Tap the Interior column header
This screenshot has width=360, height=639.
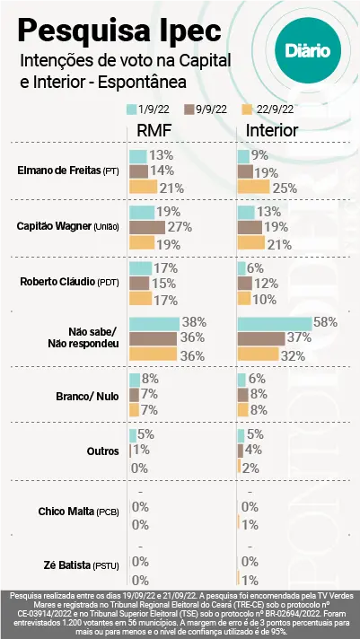pyautogui.click(x=272, y=131)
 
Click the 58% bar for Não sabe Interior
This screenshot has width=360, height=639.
pyautogui.click(x=275, y=322)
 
